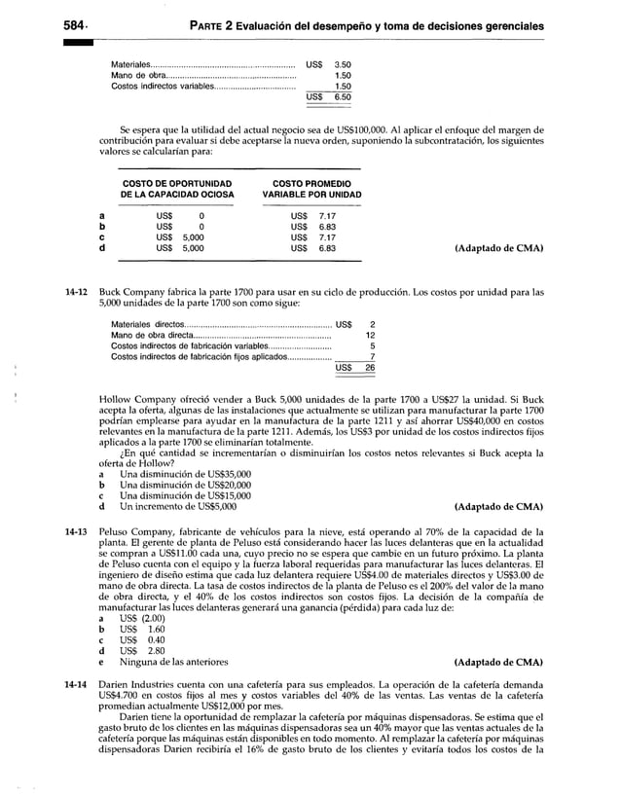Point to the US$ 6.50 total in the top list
(x=328, y=98)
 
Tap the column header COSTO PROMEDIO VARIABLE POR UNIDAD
(x=311, y=189)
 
